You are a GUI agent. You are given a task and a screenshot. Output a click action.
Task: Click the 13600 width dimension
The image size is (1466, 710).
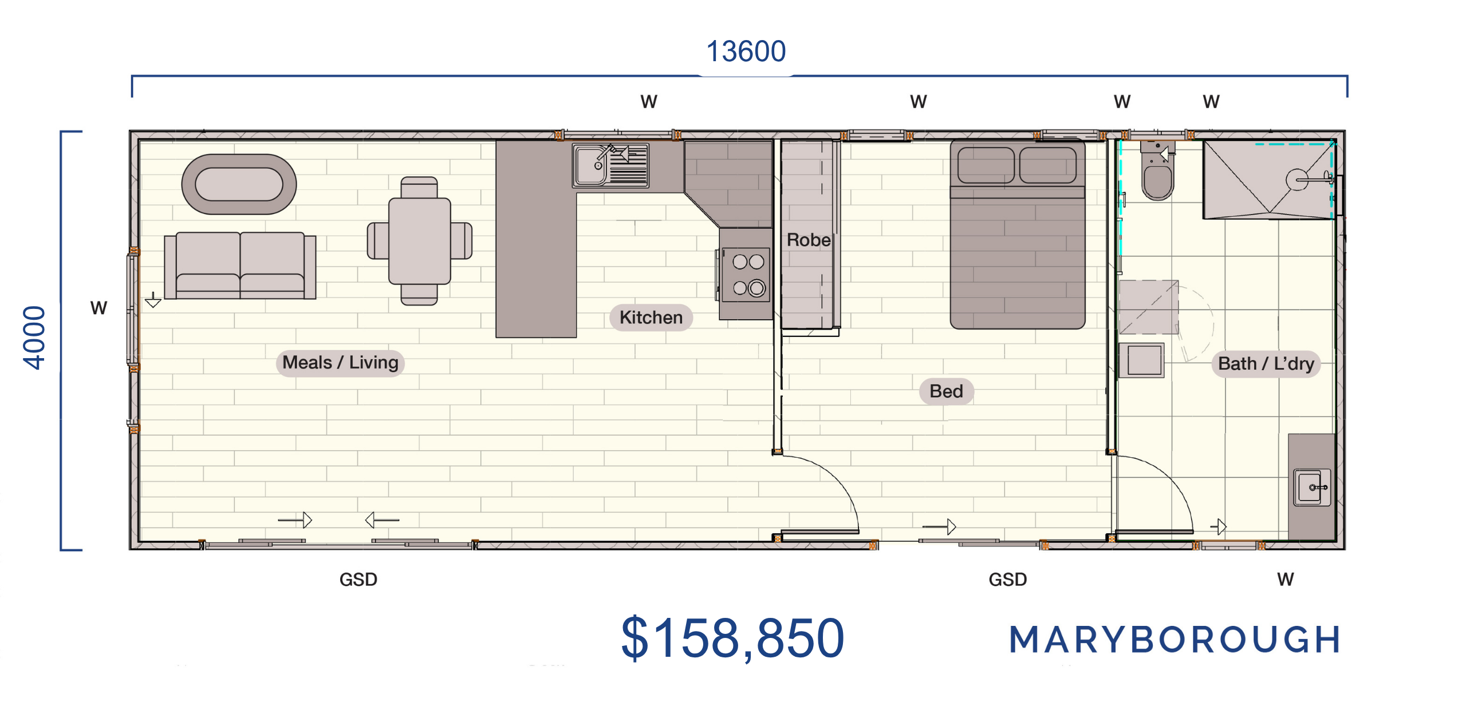tap(746, 51)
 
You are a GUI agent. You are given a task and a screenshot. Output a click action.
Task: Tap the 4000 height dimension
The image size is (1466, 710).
tap(34, 338)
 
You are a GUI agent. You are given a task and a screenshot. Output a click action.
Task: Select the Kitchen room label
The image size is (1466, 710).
tap(651, 318)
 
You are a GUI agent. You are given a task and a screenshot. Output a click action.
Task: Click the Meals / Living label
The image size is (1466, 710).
tap(340, 363)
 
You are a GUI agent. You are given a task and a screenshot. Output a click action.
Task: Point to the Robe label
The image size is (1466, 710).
tap(808, 240)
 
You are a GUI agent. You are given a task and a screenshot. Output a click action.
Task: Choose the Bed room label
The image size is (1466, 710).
tap(946, 391)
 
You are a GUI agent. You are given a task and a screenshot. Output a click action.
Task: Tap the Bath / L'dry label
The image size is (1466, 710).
tap(1266, 364)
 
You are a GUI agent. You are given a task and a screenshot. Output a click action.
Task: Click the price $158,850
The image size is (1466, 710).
tap(732, 638)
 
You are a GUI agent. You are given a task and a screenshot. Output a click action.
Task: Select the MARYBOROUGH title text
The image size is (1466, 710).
tap(1175, 640)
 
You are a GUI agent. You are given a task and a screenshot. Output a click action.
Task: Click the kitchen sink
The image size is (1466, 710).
tap(610, 165)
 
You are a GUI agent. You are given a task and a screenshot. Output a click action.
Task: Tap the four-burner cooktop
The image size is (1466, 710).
tap(746, 274)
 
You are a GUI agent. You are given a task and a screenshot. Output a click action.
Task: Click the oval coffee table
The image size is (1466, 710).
tap(239, 184)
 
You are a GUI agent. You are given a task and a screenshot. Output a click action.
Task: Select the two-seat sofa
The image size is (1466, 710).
tap(240, 265)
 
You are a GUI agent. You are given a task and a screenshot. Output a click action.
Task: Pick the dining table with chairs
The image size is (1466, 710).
tap(419, 241)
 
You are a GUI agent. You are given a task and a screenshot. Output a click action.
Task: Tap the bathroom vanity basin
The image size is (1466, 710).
tap(1311, 487)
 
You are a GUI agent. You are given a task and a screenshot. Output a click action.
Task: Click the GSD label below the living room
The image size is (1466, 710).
tap(358, 580)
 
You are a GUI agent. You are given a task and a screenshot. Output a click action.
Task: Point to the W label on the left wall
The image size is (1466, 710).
tap(98, 308)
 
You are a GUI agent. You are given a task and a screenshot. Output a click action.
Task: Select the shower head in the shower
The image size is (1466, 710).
tap(1296, 180)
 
